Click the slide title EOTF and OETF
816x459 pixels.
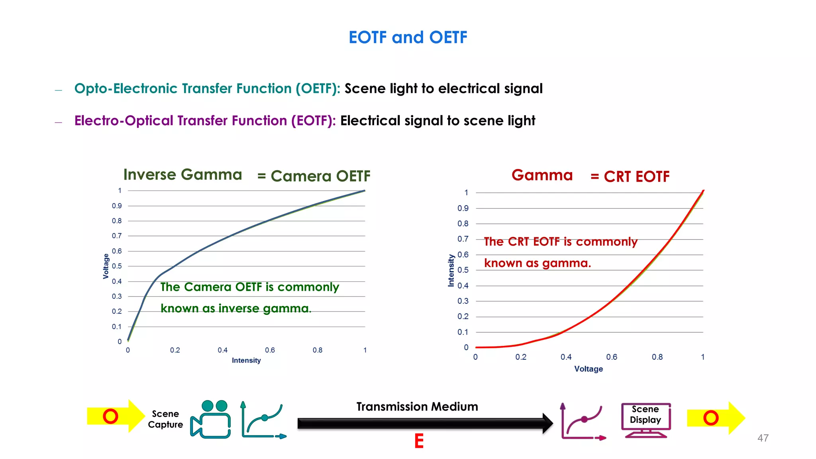[x=408, y=37]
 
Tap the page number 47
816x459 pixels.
[x=763, y=438]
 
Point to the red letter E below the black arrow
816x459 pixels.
[x=419, y=441]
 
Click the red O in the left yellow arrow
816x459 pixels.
[x=110, y=416]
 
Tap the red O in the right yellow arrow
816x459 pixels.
[x=711, y=418]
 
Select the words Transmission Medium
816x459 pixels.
[x=417, y=406]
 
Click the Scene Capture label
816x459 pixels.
[x=165, y=419]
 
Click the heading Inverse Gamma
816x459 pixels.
[x=182, y=175]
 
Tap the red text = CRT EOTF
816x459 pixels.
[x=630, y=177]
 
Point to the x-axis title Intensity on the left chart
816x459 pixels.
[x=246, y=360]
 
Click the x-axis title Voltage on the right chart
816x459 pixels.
[x=588, y=369]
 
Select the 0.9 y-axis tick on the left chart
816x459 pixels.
[x=117, y=206]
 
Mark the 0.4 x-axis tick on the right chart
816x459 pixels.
[x=566, y=357]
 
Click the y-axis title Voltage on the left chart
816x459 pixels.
[x=106, y=266]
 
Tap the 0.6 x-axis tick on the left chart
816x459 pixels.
[x=270, y=350]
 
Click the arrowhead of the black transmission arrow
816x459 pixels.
[x=547, y=423]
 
